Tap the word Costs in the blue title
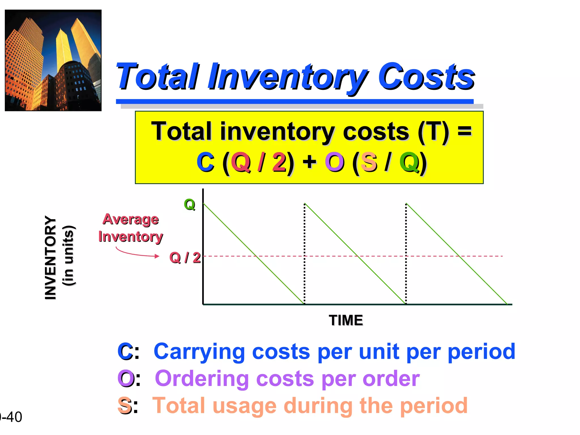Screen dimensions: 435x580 [x=426, y=76]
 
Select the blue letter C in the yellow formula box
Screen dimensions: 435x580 [x=205, y=162]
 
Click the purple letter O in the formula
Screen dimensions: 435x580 [x=334, y=162]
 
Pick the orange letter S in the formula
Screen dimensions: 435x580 [x=369, y=162]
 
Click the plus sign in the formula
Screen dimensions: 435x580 [x=309, y=162]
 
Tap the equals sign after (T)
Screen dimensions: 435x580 [x=465, y=131]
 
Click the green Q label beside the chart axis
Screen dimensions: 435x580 [x=189, y=204]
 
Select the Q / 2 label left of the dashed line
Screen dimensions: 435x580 [x=185, y=258]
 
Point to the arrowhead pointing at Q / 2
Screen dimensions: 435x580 [x=157, y=256]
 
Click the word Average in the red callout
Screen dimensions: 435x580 [x=131, y=219]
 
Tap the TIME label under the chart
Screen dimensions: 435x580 [x=346, y=320]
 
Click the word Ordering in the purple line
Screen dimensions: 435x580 [x=202, y=378]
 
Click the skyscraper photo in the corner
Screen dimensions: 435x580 [x=53, y=60]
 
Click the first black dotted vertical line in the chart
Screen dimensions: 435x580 [x=304, y=253]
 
